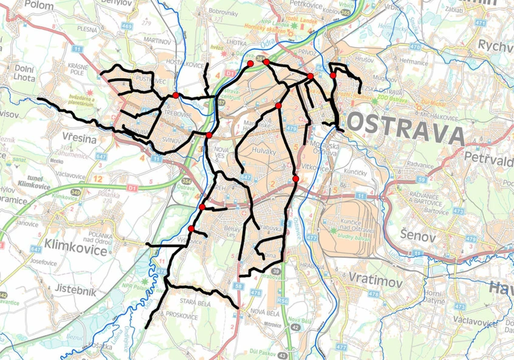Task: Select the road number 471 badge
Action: pos(481,22)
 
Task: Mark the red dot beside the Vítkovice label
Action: pos(295,179)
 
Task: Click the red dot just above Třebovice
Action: pos(176,95)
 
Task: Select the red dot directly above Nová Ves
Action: pos(208,135)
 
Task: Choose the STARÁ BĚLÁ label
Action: pos(196,301)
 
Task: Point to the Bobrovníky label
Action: pos(225,12)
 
